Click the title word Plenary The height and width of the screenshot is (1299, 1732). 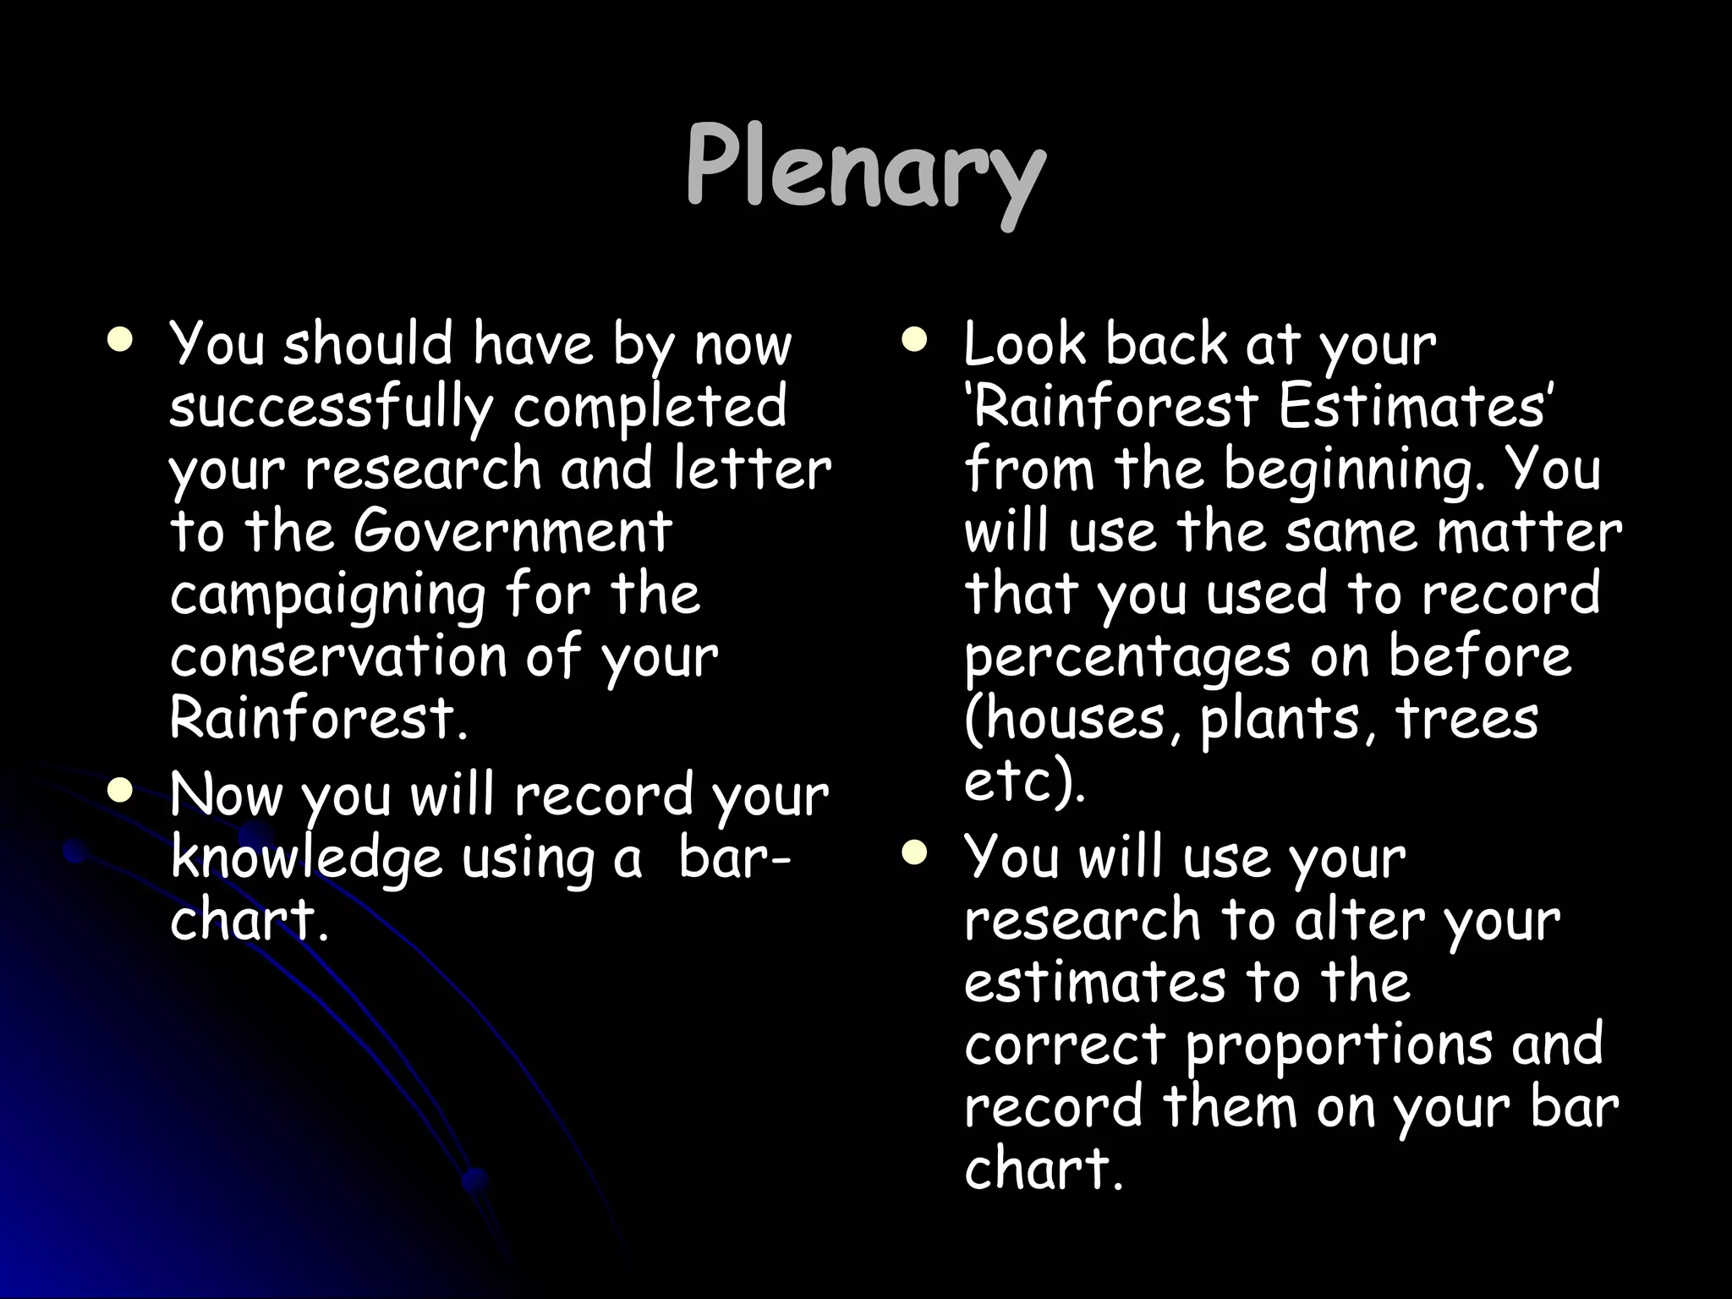pos(864,167)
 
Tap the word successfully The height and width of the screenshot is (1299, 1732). pos(330,408)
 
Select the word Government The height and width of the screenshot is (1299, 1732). pos(512,533)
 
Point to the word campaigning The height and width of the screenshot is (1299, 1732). pos(327,595)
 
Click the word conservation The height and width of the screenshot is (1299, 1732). pos(337,657)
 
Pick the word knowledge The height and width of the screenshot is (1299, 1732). pos(306,859)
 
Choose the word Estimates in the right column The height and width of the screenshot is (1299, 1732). pos(1411,407)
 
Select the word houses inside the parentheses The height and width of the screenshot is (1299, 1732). pos(1075,720)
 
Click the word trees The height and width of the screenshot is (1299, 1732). pos(1466,720)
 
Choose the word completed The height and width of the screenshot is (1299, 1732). pos(649,408)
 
